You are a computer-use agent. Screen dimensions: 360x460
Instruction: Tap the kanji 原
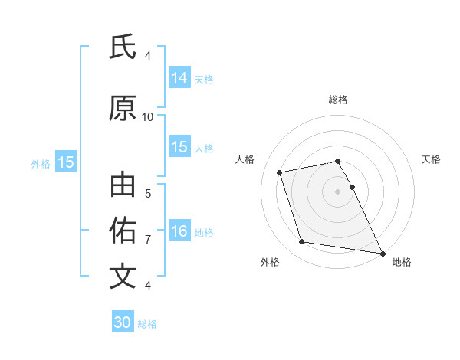coord(123,109)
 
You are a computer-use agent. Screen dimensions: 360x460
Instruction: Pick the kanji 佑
coord(123,229)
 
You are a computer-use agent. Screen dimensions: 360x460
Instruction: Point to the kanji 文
coord(123,276)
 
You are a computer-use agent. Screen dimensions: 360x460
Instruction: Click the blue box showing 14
coord(179,77)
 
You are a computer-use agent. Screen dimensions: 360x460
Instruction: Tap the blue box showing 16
coord(179,231)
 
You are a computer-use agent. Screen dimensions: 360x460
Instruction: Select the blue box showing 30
coord(123,322)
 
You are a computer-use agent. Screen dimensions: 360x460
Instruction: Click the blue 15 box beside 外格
coord(66,162)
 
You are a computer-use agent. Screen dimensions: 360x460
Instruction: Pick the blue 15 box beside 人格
coord(179,147)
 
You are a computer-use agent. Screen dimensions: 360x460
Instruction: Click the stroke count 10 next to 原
coord(148,117)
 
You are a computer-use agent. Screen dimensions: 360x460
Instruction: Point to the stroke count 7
coord(148,240)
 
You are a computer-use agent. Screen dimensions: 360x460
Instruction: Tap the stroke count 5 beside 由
coord(148,194)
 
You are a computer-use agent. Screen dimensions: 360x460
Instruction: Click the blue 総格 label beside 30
coord(147,324)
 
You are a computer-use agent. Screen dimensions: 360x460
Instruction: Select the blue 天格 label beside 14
coord(204,79)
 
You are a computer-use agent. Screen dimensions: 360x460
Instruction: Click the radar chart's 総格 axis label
coord(338,100)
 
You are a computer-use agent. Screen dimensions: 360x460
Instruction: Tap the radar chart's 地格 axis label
coord(402,262)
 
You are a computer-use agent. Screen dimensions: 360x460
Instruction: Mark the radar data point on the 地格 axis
coord(382,252)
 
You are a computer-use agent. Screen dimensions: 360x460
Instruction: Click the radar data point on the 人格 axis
coord(280,172)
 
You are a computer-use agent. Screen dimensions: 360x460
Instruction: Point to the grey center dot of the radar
coord(338,191)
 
